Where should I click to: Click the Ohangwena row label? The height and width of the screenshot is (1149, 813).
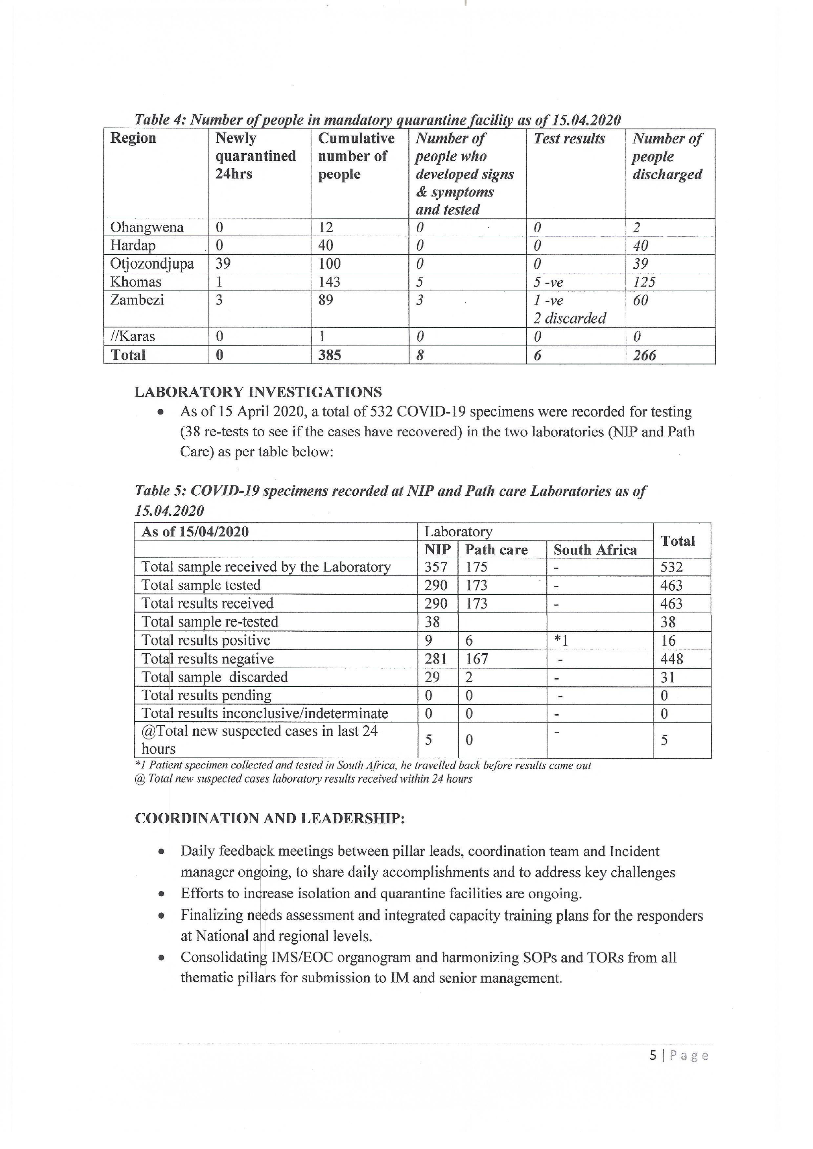(147, 227)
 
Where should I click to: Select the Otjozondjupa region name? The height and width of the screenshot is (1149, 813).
(152, 264)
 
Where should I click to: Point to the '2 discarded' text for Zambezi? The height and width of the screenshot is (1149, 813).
(569, 318)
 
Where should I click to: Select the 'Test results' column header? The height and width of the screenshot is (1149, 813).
(569, 139)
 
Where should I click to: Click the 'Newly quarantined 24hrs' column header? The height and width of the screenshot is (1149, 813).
(255, 156)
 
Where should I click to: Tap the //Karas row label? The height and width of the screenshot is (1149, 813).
(133, 336)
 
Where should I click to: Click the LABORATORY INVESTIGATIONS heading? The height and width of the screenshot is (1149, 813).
(258, 392)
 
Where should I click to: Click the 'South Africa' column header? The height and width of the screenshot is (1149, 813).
(595, 550)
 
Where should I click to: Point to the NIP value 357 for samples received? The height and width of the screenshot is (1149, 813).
(435, 567)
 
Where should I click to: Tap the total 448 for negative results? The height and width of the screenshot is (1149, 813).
(671, 659)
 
